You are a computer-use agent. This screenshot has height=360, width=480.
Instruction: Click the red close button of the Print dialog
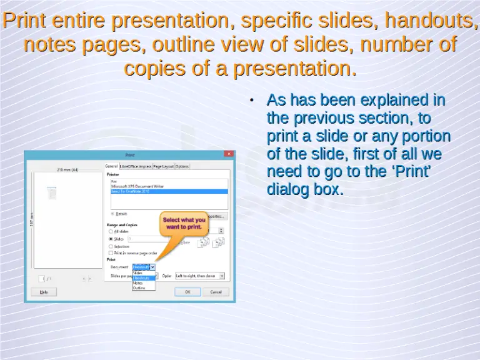click(229, 154)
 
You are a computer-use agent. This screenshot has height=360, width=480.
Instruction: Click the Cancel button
click(216, 291)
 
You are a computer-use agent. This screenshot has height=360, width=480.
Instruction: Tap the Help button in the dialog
click(44, 291)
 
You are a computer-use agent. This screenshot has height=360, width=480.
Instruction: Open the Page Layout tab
click(163, 166)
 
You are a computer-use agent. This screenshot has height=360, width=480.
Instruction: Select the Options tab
click(182, 166)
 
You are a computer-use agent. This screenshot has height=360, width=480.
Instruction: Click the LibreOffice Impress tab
click(136, 166)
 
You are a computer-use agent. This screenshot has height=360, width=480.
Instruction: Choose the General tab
click(111, 166)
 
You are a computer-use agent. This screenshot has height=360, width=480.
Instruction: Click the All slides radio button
click(111, 231)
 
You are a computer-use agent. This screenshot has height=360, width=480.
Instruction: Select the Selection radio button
click(111, 246)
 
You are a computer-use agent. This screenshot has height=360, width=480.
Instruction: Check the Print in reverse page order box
click(111, 253)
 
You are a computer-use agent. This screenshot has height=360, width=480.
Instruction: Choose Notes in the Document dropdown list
click(138, 283)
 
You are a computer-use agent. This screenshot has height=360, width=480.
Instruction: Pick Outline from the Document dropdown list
click(139, 288)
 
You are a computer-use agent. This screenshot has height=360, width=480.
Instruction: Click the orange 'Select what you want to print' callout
click(184, 223)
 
